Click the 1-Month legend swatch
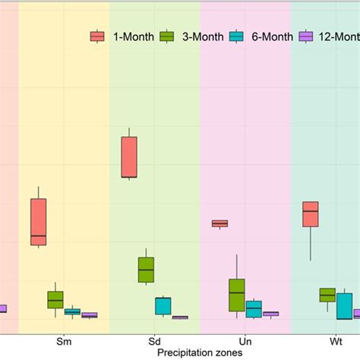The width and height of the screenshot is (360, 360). [98, 36]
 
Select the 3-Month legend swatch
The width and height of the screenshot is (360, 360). [168, 36]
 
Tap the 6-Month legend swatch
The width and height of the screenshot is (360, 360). [237, 36]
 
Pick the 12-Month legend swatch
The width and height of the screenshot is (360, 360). [307, 36]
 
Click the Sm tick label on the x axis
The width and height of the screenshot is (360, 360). [64, 341]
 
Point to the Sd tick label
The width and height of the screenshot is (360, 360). [155, 341]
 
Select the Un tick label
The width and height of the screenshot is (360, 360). [245, 341]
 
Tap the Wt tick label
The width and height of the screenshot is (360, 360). [336, 341]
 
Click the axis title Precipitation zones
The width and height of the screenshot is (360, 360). [200, 352]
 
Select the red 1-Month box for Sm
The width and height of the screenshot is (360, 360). [38, 222]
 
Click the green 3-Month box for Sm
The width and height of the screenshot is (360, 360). [55, 299]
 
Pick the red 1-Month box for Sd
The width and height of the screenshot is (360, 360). [129, 157]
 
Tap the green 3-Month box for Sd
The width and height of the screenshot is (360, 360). [147, 270]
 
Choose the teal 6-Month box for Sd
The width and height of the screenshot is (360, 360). [163, 305]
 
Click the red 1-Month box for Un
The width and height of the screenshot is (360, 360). [219, 223]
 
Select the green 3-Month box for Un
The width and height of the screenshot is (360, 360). [237, 295]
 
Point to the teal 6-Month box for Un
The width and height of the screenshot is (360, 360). [254, 308]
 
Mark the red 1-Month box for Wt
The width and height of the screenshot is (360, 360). [310, 213]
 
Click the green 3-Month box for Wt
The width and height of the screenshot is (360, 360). [327, 295]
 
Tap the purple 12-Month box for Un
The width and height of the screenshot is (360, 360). [270, 313]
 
